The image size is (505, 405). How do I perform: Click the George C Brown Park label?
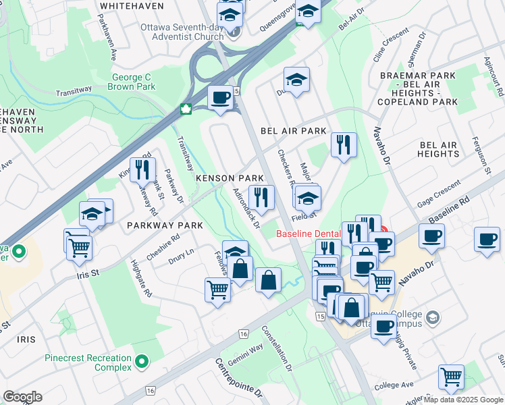133,82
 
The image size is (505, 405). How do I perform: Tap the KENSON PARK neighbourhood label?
230,178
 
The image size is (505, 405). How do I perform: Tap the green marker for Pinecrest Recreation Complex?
141,363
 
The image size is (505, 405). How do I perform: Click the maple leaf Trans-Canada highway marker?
185,109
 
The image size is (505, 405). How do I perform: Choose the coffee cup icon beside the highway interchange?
221,98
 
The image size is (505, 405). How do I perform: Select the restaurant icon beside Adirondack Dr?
261,196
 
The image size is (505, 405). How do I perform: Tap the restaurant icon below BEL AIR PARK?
344,144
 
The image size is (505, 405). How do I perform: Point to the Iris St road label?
86,273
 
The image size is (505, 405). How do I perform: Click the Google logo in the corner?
22,396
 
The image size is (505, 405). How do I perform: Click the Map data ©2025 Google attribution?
462,400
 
